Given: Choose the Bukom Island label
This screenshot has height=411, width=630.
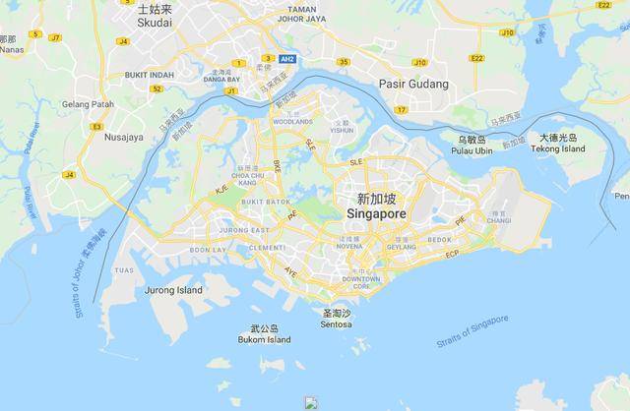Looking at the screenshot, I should pyautogui.click(x=265, y=339).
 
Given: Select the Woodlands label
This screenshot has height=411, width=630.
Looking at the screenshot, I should pyautogui.click(x=292, y=122).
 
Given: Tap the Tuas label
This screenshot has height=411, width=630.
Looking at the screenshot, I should pyautogui.click(x=124, y=269).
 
